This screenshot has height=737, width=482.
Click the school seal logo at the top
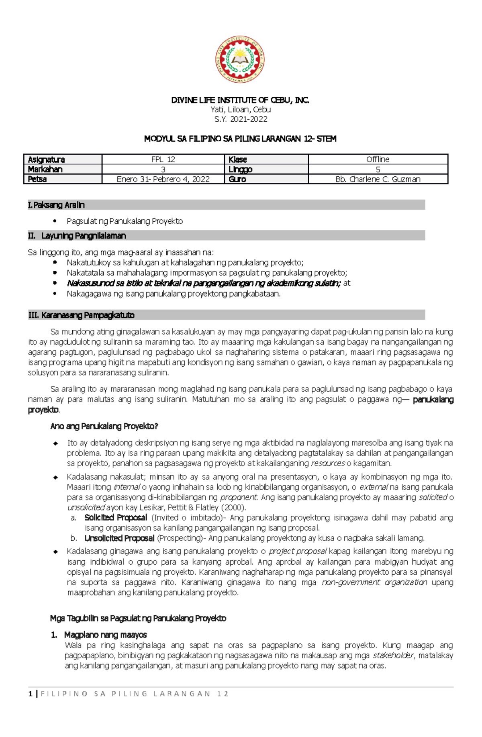240,59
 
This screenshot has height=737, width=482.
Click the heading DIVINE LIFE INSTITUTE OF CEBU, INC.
240,100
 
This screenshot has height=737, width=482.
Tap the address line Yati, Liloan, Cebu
240,110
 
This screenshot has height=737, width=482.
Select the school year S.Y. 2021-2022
240,119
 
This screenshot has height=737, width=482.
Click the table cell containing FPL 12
163,159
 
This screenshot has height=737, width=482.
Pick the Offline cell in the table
378,159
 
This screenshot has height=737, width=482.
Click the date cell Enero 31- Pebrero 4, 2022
163,179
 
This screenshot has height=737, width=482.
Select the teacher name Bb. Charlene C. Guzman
378,179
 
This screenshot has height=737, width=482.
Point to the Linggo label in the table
240,169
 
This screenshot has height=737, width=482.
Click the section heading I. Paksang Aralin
56,205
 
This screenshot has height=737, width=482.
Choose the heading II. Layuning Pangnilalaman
77,236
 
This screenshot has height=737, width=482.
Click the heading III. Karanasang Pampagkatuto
81,315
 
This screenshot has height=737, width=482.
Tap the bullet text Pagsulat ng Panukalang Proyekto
125,221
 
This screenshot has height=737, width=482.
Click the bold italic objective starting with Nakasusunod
204,283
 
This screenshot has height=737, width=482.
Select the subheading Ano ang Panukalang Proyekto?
104,426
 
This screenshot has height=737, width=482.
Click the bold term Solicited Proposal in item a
116,518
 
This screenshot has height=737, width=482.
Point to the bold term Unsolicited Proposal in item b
119,538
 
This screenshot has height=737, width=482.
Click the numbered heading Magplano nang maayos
105,635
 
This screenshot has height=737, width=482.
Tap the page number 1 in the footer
31,694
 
